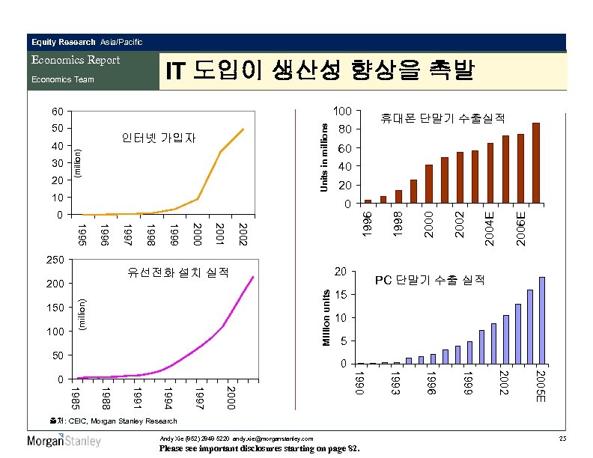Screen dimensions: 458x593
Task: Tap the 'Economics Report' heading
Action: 75,60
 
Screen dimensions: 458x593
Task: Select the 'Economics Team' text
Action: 62,79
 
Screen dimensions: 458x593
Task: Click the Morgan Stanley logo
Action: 64,441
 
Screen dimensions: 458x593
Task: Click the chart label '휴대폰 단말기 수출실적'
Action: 443,118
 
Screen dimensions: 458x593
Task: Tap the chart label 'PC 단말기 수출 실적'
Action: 430,280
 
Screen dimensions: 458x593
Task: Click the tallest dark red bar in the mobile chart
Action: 536,162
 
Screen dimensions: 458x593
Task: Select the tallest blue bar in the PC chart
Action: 542,320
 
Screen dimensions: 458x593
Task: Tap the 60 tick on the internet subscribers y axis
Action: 58,112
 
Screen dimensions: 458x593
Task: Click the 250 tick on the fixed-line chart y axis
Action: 55,260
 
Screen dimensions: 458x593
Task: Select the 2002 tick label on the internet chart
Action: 242,232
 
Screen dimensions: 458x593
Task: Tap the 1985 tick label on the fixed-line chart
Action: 74,397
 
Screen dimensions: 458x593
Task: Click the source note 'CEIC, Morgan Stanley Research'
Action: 112,421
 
